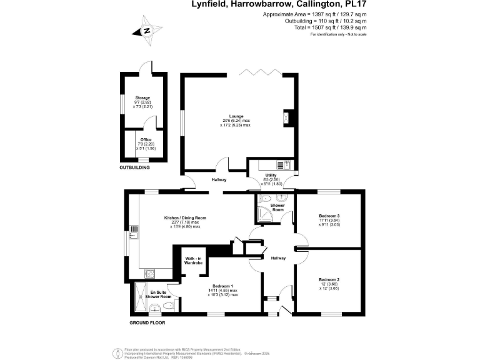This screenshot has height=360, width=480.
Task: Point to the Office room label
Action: pos(146,140)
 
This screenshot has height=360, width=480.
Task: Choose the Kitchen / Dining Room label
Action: pos(185,218)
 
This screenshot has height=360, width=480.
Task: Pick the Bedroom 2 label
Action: pos(329,279)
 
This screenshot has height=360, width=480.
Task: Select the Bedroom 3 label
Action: pos(329,216)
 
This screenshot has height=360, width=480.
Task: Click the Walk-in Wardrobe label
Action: pos(193,261)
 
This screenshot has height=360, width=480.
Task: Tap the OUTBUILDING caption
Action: pos(136,168)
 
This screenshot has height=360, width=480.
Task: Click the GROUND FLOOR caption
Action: pos(147,322)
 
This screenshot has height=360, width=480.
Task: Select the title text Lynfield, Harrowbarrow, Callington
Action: pos(278,4)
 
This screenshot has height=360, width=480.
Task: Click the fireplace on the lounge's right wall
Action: pos(287,117)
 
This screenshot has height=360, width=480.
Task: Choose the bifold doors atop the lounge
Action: pos(259,73)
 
